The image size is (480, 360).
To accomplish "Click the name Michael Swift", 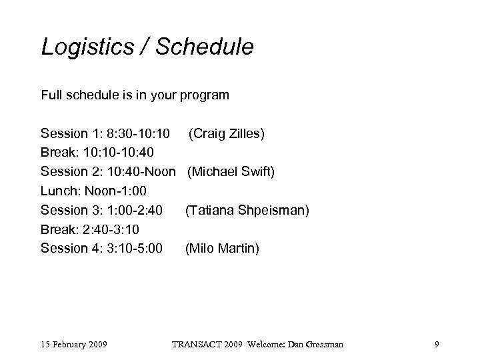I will [231, 172].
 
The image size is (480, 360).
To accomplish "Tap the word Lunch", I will [58, 191].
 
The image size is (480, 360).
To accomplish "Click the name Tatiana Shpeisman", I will [247, 211].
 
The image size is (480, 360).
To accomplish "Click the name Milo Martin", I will [223, 249].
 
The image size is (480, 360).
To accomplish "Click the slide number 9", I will [436, 345].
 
